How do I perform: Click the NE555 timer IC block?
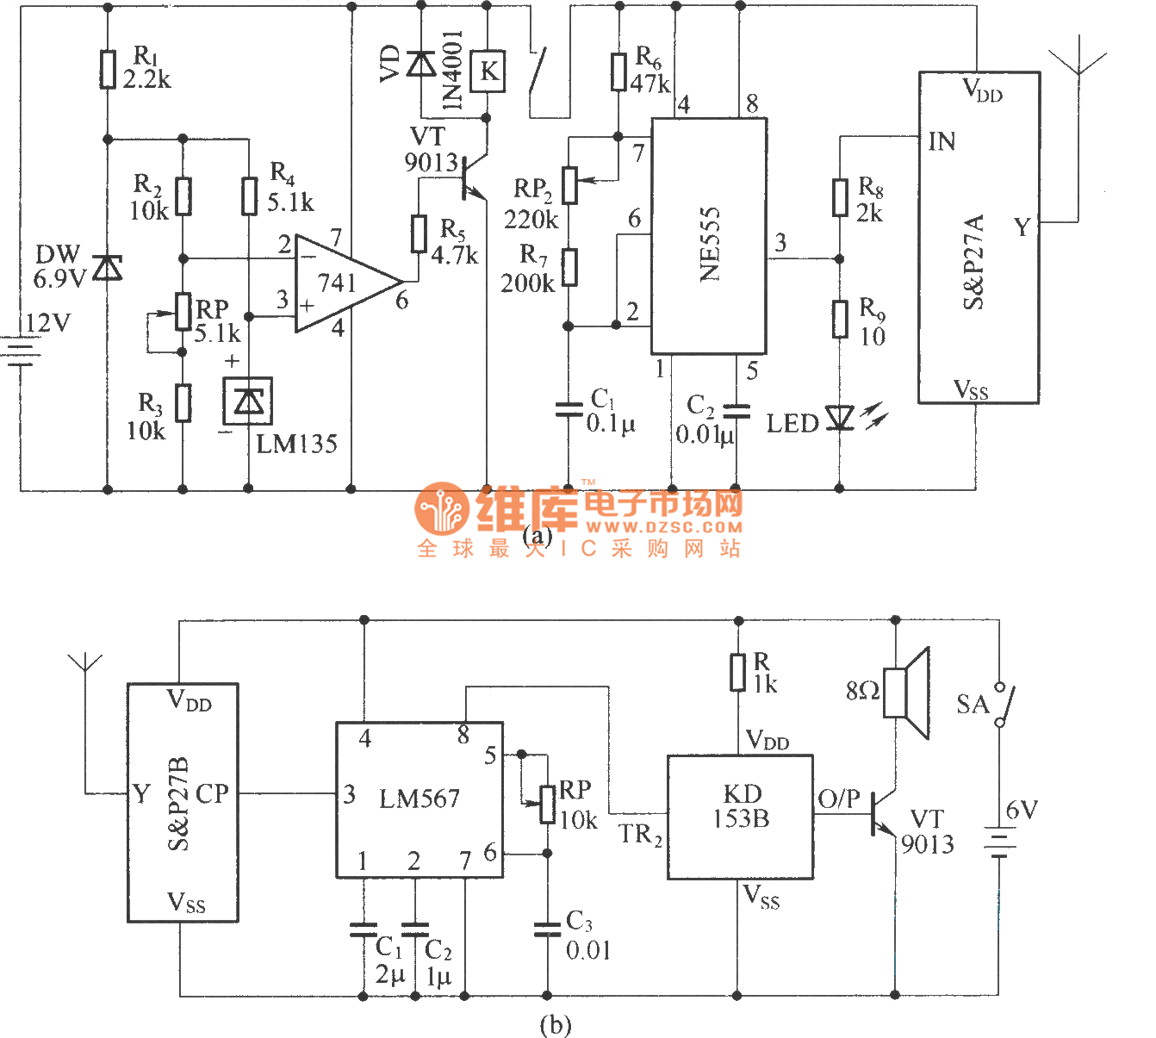pyautogui.click(x=708, y=236)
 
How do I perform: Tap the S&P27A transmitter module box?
pyautogui.click(x=979, y=237)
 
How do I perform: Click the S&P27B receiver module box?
pyautogui.click(x=183, y=803)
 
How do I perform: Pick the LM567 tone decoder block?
pyautogui.click(x=419, y=800)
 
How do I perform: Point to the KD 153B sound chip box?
pyautogui.click(x=740, y=817)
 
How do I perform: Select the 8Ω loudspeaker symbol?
pyautogui.click(x=911, y=693)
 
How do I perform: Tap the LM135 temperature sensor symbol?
pyautogui.click(x=248, y=401)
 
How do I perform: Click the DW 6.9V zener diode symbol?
pyautogui.click(x=108, y=268)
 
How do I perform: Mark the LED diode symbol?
pyautogui.click(x=839, y=419)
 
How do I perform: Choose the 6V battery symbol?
pyautogui.click(x=999, y=843)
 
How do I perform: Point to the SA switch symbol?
pyautogui.click(x=1003, y=705)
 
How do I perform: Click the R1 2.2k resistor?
pyautogui.click(x=108, y=70)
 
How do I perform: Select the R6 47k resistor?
pyautogui.click(x=618, y=71)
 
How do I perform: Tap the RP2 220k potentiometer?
pyautogui.click(x=569, y=183)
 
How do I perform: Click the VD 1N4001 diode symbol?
pyautogui.click(x=420, y=64)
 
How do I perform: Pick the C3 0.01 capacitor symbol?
pyautogui.click(x=547, y=929)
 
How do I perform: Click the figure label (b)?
pyautogui.click(x=555, y=1025)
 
